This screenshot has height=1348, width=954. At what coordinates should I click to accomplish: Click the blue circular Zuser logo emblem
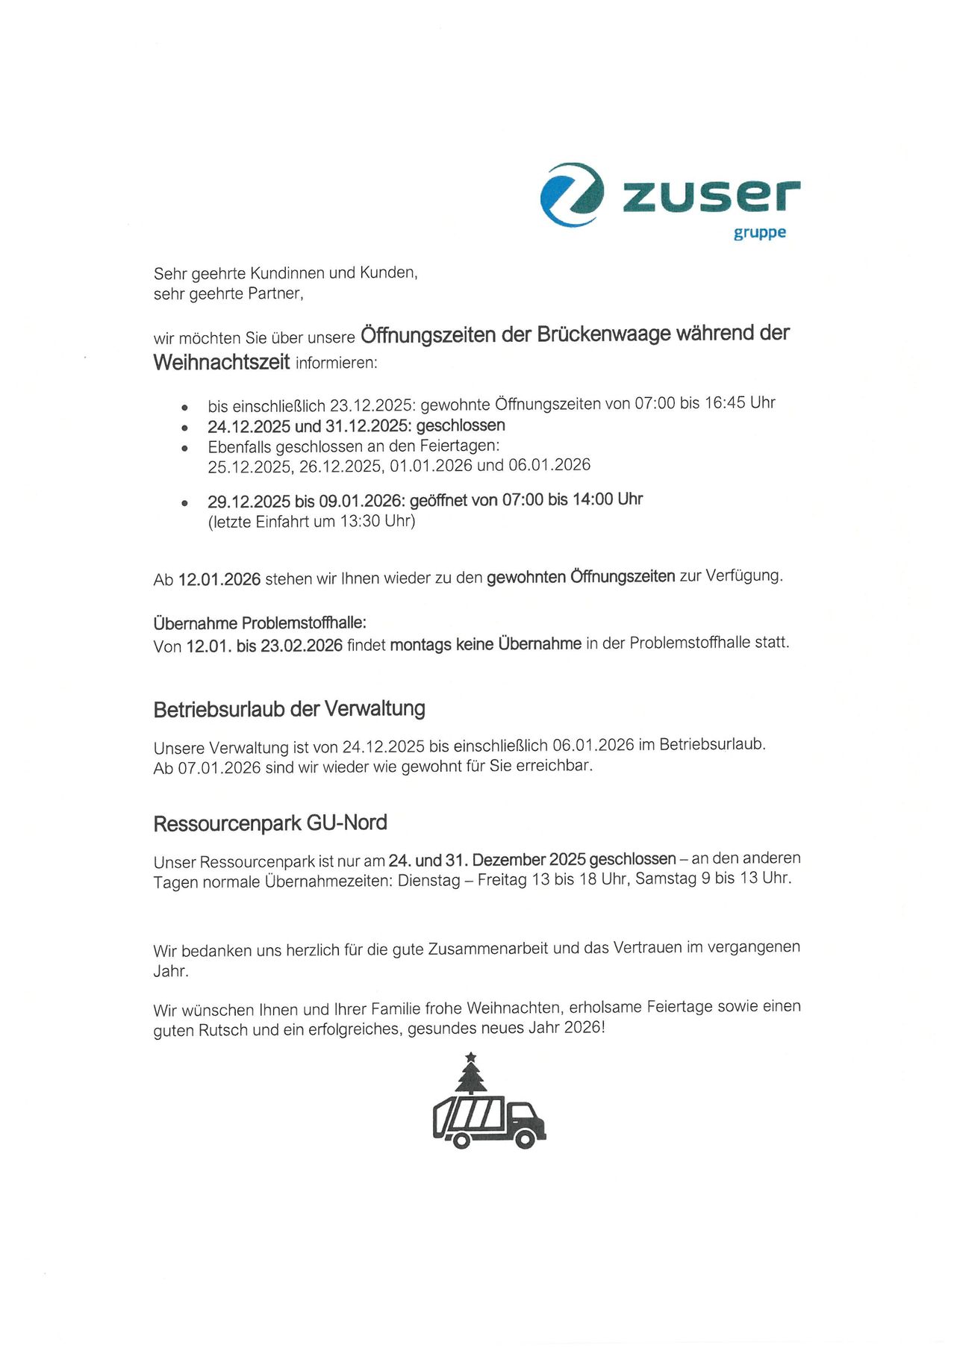(572, 195)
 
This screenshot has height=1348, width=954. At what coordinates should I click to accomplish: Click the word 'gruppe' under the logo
(759, 233)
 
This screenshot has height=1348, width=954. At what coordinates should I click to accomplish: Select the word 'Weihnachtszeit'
(221, 363)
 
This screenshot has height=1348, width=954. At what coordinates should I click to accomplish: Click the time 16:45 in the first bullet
(725, 403)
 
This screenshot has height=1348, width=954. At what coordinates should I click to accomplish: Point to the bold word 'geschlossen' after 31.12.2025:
(461, 425)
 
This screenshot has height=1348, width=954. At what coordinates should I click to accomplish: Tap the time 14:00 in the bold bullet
(592, 499)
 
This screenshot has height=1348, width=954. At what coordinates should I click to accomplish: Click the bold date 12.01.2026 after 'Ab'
(219, 579)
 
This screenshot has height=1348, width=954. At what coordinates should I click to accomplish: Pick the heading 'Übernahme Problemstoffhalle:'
(260, 622)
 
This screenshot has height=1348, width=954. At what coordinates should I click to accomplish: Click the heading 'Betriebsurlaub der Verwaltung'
(289, 709)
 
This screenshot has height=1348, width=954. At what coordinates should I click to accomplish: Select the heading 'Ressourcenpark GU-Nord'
(270, 823)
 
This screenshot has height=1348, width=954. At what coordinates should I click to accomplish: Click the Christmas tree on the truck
(471, 1076)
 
